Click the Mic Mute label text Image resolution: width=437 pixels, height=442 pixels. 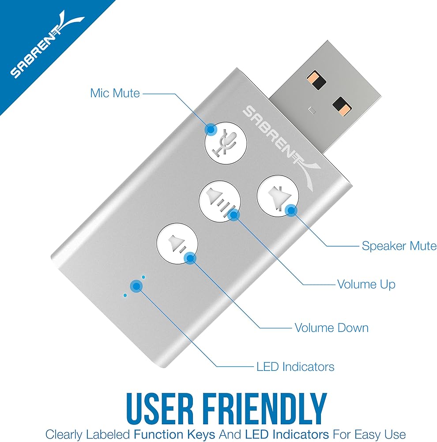(x=115, y=93)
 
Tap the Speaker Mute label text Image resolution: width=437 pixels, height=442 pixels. (x=399, y=246)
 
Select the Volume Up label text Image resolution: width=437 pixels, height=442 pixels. (x=366, y=284)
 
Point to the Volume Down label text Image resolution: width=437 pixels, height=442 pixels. (x=332, y=328)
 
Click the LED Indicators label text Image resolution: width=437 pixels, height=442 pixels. (x=295, y=367)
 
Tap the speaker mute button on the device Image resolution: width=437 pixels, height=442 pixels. (x=277, y=196)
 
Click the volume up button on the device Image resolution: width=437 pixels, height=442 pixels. (x=220, y=201)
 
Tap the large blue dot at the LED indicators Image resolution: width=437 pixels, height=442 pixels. (x=136, y=286)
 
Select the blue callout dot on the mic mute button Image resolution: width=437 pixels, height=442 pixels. (x=211, y=129)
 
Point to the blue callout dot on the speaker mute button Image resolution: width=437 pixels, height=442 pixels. (x=291, y=210)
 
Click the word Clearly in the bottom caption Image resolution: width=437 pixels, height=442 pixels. (x=64, y=434)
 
